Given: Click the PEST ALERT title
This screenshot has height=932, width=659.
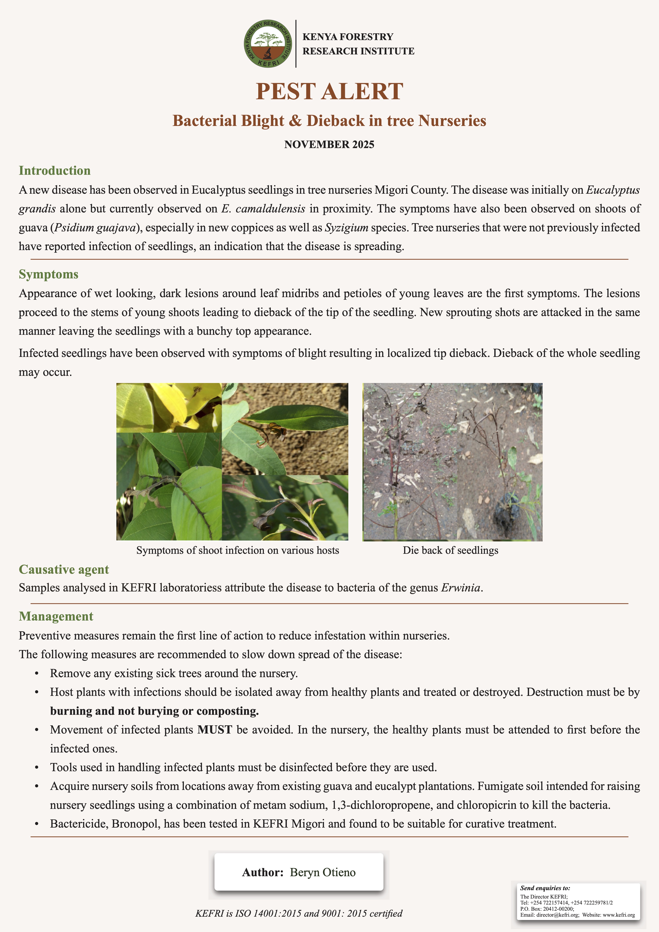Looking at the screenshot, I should point(329,91).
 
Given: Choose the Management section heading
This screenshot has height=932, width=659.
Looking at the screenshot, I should point(56,616).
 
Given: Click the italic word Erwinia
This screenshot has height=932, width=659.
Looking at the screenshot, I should point(461,588).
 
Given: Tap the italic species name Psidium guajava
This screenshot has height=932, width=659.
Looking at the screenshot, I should point(95,228).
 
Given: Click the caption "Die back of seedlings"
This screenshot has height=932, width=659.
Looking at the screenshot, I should point(450,550).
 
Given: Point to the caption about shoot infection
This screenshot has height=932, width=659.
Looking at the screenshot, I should point(238,550).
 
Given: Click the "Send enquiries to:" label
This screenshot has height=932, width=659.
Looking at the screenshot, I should point(545,888).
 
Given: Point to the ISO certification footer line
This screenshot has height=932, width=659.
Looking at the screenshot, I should point(299,913).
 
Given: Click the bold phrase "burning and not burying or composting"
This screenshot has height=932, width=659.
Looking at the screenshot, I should point(154,711).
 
